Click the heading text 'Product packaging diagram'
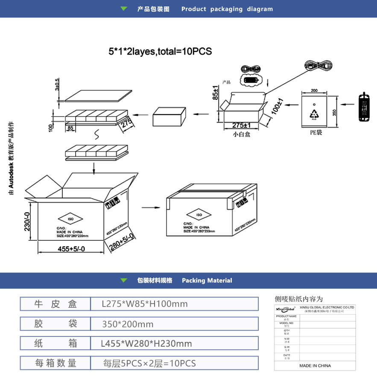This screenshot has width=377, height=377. [227, 9]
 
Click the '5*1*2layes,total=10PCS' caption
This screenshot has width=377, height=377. [160, 52]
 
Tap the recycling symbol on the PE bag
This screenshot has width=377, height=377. [315, 114]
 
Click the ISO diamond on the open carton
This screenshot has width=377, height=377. [71, 218]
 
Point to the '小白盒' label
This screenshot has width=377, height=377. [241, 134]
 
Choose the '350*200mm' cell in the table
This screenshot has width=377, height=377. [128, 324]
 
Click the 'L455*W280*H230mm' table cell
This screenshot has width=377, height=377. [146, 344]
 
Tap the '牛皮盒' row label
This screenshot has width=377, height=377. [56, 304]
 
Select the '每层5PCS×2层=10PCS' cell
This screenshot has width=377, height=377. [149, 364]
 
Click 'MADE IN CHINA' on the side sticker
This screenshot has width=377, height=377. [315, 365]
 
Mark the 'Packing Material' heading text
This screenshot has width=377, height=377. [207, 281]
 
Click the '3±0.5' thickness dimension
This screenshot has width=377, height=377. [58, 84]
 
